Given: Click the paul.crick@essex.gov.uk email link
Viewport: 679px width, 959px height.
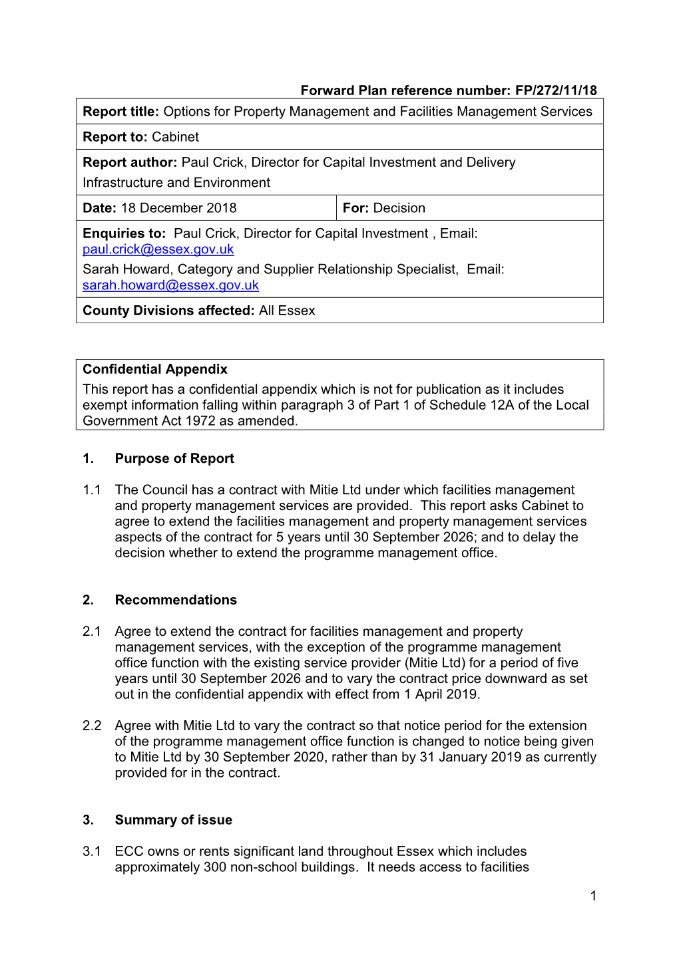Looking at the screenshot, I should (x=158, y=249).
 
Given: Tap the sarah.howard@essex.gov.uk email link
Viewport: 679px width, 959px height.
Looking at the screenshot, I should (x=170, y=285).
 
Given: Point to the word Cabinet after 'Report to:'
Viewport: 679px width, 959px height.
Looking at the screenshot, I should (x=175, y=137).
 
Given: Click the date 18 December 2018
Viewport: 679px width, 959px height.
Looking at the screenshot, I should (x=178, y=208).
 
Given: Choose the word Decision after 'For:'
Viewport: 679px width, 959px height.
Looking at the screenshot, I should (x=399, y=208).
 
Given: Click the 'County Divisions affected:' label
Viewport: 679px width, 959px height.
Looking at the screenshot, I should (x=168, y=311).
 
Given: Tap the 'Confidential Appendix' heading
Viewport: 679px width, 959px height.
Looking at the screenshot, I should (x=154, y=369).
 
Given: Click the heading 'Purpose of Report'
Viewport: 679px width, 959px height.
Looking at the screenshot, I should (x=174, y=458).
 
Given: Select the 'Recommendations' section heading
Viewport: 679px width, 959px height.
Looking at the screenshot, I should (x=176, y=600).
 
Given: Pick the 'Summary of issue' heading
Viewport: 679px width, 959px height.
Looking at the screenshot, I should (x=173, y=820).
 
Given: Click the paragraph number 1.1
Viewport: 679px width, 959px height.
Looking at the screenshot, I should (x=92, y=490).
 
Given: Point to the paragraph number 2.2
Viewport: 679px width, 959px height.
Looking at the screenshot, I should (x=92, y=726).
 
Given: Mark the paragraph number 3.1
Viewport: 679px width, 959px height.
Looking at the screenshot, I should (x=92, y=851).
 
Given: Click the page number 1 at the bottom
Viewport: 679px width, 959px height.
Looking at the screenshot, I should (x=593, y=896).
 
